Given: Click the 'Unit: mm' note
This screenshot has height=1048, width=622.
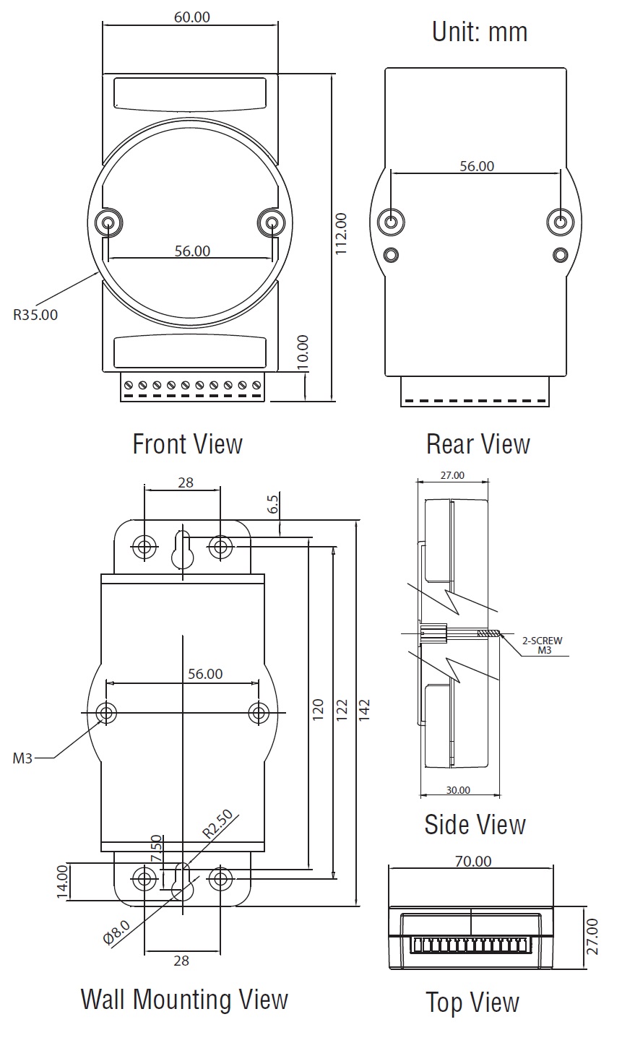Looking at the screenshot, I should tap(480, 33).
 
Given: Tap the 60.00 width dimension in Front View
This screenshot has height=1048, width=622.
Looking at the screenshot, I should tap(192, 17).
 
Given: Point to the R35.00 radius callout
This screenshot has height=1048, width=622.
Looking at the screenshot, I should tap(35, 314).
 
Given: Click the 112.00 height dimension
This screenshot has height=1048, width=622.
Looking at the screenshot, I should tap(341, 233).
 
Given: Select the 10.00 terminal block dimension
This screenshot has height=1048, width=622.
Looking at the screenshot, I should tap(303, 352).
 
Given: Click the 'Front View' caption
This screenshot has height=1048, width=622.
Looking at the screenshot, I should tap(188, 443).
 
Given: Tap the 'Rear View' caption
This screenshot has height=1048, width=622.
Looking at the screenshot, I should tap(478, 443).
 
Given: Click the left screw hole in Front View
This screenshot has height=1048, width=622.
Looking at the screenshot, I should tap(108, 222).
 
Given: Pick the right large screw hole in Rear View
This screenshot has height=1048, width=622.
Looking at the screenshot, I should tap(559, 222).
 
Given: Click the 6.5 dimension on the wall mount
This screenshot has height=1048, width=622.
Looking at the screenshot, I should tap(273, 504).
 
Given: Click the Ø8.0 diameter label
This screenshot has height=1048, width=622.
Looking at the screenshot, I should tap(116, 932).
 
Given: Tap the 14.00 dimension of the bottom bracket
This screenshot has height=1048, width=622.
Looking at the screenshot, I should tap(62, 882).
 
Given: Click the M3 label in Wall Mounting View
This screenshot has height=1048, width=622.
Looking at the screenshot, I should tap(22, 758).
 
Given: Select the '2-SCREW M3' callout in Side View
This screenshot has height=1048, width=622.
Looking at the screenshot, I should tap(543, 645).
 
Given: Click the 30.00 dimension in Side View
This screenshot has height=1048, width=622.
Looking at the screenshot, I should tap(458, 790).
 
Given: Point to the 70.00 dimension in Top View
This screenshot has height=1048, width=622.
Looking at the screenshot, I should tap(474, 861).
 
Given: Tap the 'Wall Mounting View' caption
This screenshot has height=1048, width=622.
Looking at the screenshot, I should tap(184, 1000).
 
